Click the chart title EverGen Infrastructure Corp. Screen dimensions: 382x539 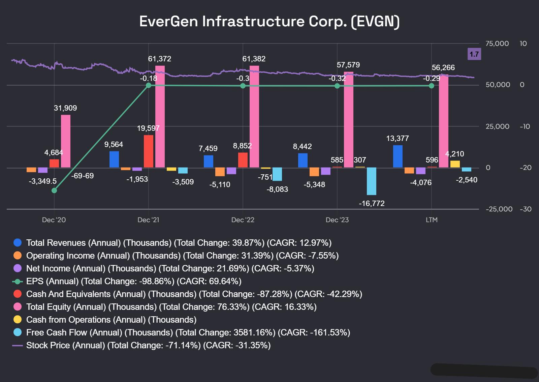click(x=269, y=21)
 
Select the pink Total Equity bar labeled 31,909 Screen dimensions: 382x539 click(x=66, y=141)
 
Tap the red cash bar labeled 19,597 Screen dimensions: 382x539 click(x=149, y=151)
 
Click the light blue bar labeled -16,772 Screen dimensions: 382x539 click(x=372, y=181)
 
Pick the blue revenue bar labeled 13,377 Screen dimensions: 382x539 click(x=398, y=156)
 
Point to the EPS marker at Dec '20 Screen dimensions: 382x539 click(x=54, y=190)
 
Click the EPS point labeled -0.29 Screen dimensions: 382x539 click(x=432, y=86)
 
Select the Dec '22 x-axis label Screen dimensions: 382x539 click(x=243, y=220)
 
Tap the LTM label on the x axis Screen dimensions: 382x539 click(x=432, y=220)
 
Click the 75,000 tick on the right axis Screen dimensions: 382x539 click(x=497, y=43)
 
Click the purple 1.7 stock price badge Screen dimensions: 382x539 click(x=474, y=54)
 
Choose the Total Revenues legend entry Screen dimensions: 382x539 click(x=179, y=243)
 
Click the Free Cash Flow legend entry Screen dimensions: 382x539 click(x=188, y=332)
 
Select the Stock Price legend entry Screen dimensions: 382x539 click(x=148, y=345)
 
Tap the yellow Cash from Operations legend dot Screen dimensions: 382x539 click(x=18, y=320)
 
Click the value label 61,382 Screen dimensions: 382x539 click(x=254, y=59)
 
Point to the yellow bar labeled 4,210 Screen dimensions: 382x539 click(x=455, y=164)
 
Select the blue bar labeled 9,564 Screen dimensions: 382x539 click(x=114, y=159)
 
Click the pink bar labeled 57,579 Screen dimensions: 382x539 click(x=349, y=120)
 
